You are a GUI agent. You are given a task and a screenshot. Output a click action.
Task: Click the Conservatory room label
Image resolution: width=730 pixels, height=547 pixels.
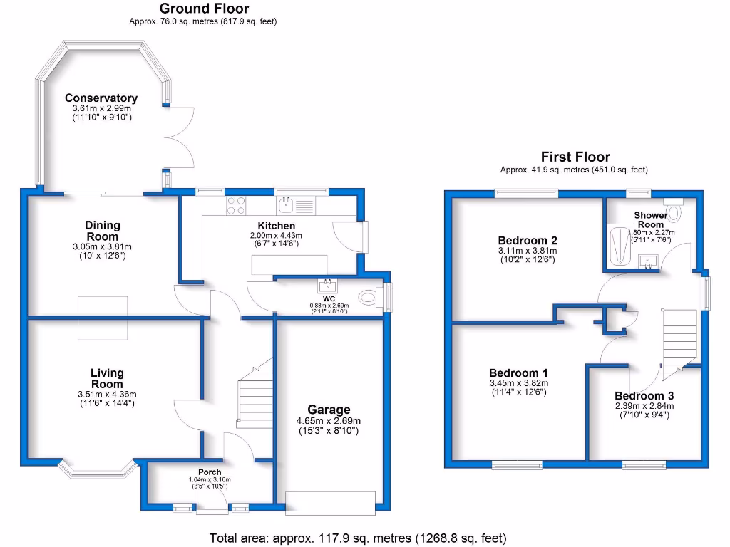pos(101,98)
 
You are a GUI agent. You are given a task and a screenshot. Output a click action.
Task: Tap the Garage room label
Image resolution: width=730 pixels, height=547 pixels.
pos(329,409)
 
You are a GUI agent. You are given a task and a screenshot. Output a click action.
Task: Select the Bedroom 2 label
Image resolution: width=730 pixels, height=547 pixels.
pos(528,240)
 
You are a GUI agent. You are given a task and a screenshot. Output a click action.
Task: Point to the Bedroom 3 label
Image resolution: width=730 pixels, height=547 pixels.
pos(644,396)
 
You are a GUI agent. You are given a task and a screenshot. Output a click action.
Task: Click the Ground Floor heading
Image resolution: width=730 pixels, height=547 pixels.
pos(204,9)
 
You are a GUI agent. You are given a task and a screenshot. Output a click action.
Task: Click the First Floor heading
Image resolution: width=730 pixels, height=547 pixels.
pos(575,157)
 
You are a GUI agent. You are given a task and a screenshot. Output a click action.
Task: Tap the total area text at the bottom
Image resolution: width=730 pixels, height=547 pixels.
pos(357,538)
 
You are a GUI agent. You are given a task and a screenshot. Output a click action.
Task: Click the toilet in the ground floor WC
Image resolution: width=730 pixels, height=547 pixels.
pos(369,297)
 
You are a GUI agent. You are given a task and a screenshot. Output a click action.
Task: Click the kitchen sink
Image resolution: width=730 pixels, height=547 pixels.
pos(286,206)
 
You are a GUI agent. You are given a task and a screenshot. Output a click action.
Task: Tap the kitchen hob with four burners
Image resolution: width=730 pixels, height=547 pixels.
pos(237,206)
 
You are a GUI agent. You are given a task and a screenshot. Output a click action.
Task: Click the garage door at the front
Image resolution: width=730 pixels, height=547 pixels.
pos(330,502)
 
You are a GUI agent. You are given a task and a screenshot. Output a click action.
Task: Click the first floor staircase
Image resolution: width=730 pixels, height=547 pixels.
pos(680,338)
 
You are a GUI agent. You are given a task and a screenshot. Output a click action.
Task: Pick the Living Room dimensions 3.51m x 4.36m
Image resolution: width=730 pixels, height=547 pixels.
pos(107,394)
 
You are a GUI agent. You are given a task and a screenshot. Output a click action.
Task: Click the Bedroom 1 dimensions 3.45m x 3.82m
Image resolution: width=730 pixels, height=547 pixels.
pos(518,382)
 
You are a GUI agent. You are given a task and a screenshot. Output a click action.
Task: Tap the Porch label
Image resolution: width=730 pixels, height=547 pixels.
pos(210,472)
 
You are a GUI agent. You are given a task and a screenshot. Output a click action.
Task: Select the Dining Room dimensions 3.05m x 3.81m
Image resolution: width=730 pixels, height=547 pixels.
pos(103,246)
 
